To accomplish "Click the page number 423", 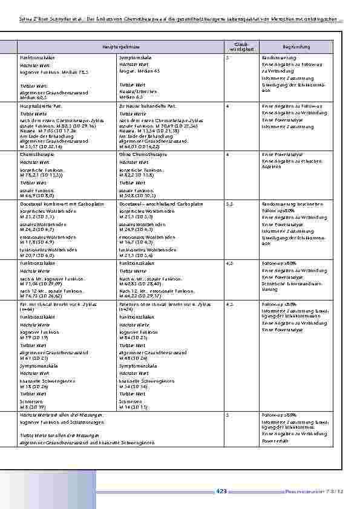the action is point(221,491).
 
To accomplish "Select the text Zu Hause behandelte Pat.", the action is point(143,106).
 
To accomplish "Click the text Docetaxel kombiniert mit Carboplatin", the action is point(55,204).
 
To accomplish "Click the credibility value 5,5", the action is point(230,204).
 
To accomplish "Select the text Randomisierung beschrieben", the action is point(288,204).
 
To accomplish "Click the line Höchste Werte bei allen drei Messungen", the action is point(62,415).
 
